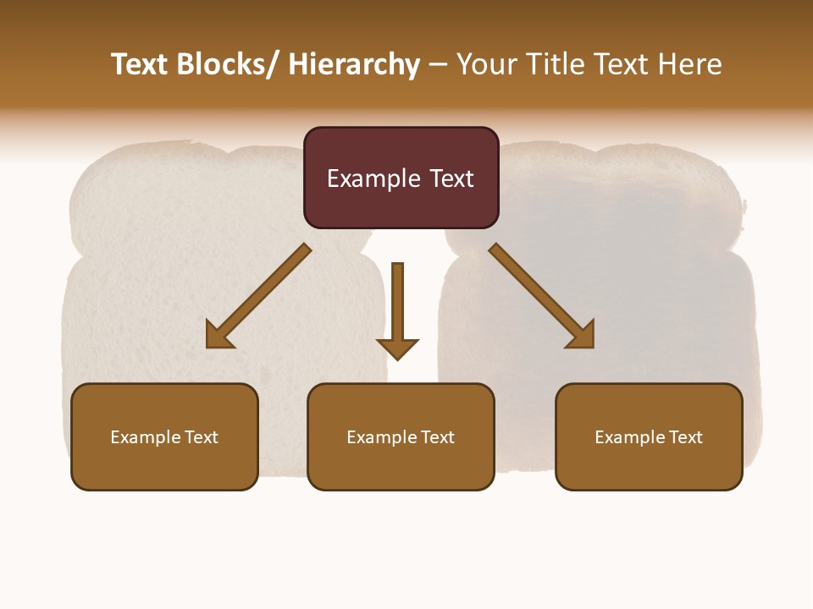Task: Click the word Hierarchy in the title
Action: pos(354,64)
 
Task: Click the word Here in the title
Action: pos(691,64)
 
